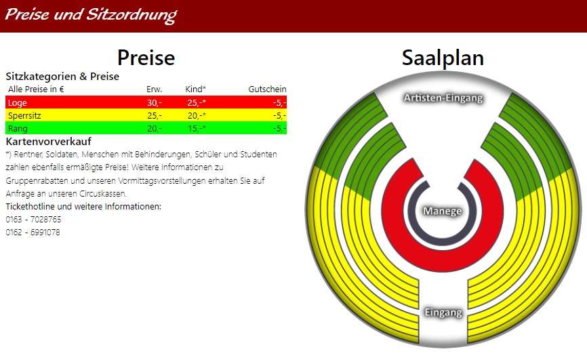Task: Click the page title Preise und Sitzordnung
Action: pyautogui.click(x=91, y=15)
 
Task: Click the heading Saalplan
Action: pyautogui.click(x=443, y=58)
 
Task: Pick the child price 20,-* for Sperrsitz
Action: pyautogui.click(x=197, y=115)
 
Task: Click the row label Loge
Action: pyautogui.click(x=17, y=102)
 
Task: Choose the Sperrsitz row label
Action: pyautogui.click(x=24, y=115)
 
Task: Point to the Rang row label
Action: pyautogui.click(x=18, y=129)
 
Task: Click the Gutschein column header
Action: pyautogui.click(x=267, y=89)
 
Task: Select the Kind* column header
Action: pyautogui.click(x=195, y=89)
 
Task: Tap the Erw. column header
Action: pyautogui.click(x=155, y=89)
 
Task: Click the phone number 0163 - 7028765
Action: pyautogui.click(x=33, y=219)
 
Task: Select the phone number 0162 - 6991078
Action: pyautogui.click(x=33, y=233)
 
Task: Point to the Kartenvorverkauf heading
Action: pyautogui.click(x=48, y=141)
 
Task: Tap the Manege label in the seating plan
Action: pyautogui.click(x=443, y=211)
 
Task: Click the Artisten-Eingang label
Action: pyautogui.click(x=443, y=98)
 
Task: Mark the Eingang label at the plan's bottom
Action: pyautogui.click(x=443, y=312)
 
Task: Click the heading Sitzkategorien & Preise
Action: pyautogui.click(x=62, y=77)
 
